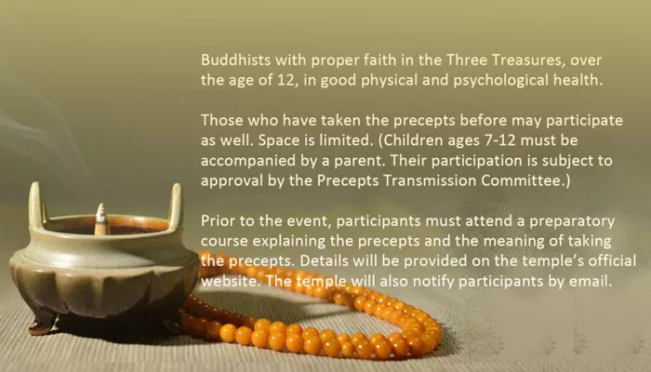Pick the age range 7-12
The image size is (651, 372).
coord(500,140)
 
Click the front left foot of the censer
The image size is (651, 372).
coord(43,323)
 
